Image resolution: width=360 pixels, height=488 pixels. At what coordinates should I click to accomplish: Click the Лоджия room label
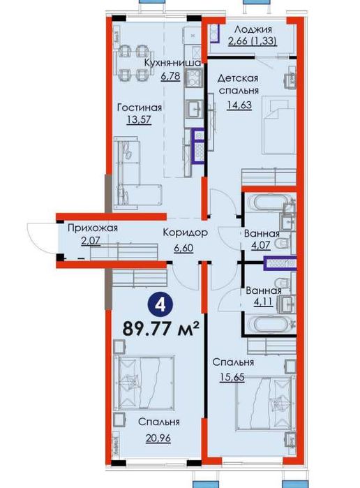(x=253, y=29)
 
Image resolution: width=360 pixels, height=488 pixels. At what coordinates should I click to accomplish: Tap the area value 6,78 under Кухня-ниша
(x=170, y=76)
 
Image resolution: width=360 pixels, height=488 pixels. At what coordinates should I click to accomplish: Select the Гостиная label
(x=140, y=108)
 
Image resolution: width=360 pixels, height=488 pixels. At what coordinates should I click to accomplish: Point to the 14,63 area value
(x=239, y=105)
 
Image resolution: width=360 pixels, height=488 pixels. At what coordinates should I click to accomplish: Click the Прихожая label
(x=93, y=228)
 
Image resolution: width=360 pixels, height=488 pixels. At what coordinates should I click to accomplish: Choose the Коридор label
(x=185, y=232)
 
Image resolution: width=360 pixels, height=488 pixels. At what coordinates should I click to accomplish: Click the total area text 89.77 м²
(x=161, y=328)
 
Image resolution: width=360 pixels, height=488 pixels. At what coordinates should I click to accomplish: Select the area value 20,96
(x=158, y=438)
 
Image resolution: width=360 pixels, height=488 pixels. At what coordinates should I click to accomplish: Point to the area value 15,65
(x=232, y=377)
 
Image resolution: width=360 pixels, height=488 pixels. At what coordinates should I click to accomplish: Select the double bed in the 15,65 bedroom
(x=264, y=403)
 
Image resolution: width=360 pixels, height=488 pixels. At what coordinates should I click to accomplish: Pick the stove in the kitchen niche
(x=194, y=77)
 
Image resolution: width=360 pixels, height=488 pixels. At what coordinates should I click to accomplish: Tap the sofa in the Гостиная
(x=137, y=175)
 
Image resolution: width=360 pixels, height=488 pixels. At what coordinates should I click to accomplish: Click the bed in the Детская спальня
(x=279, y=125)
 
